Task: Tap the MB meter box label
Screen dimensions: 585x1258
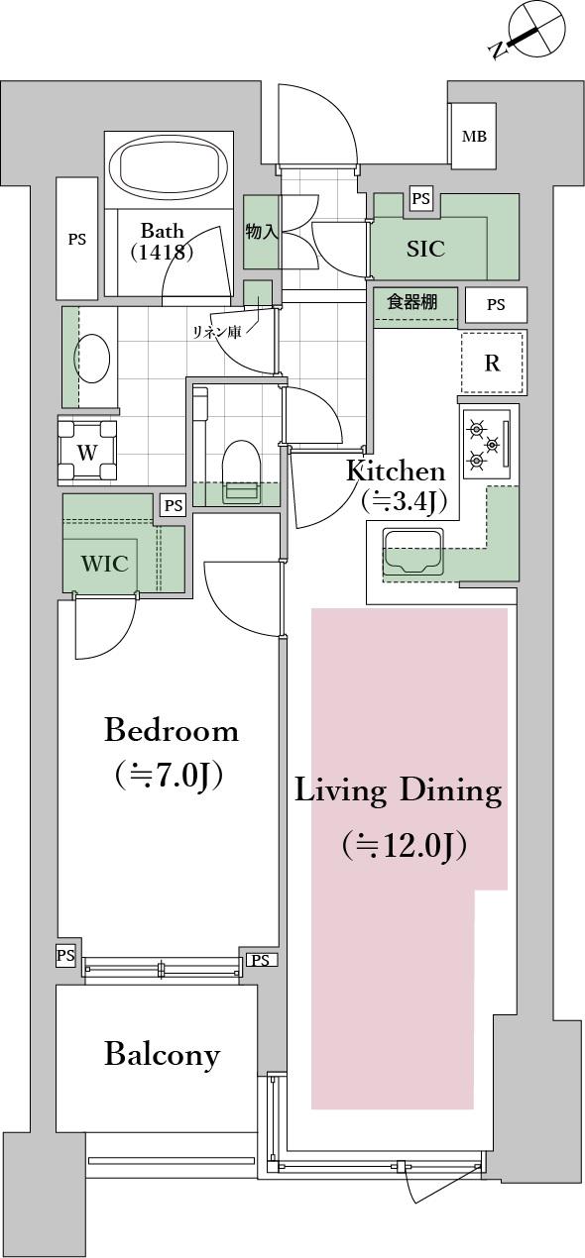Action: coord(474,136)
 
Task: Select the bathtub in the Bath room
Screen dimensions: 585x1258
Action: coord(170,164)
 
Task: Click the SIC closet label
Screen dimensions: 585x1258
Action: coord(426,249)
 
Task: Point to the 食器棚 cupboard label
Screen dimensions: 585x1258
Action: coord(412,302)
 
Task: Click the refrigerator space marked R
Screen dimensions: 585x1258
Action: coord(492,363)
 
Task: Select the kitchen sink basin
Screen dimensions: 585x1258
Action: coord(413,552)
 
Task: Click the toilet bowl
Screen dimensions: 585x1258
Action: coord(242,467)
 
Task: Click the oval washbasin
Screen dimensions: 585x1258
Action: coord(92,360)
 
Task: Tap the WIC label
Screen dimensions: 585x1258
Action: coord(104,564)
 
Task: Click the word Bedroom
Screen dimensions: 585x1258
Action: coord(172,732)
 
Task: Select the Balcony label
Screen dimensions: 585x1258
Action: coord(162,1055)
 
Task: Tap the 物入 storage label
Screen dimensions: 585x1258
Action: coord(262,231)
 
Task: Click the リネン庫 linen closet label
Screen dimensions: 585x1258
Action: coord(217,333)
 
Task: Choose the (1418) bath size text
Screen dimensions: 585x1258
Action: coord(162,253)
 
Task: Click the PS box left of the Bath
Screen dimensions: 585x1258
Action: coord(77,239)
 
